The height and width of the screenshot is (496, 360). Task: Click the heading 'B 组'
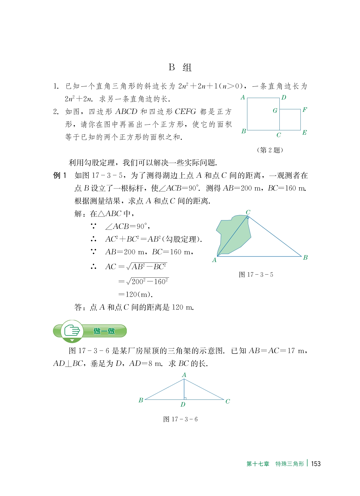point(180,67)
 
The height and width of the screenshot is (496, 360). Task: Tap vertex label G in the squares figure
point(275,111)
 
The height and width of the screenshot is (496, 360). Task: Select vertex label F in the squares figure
point(305,110)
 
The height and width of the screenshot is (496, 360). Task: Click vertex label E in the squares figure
point(304,132)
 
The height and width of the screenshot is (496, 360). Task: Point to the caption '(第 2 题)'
point(270,150)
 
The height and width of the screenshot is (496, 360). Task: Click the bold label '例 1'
point(60,176)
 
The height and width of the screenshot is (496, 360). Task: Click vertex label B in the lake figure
point(305,257)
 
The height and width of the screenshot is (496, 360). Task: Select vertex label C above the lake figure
point(248,212)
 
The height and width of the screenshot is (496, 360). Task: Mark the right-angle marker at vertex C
point(248,218)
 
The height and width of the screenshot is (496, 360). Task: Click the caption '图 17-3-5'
point(256,275)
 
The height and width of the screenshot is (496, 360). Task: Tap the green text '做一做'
point(104,331)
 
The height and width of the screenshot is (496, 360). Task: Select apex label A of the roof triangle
point(184,375)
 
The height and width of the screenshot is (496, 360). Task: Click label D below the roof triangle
point(183,404)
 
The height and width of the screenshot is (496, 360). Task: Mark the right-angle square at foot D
point(185,398)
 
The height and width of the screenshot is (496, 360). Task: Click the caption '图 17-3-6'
point(180,419)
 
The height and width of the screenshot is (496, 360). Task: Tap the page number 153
point(316,464)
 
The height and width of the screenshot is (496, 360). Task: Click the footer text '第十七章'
point(258,464)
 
